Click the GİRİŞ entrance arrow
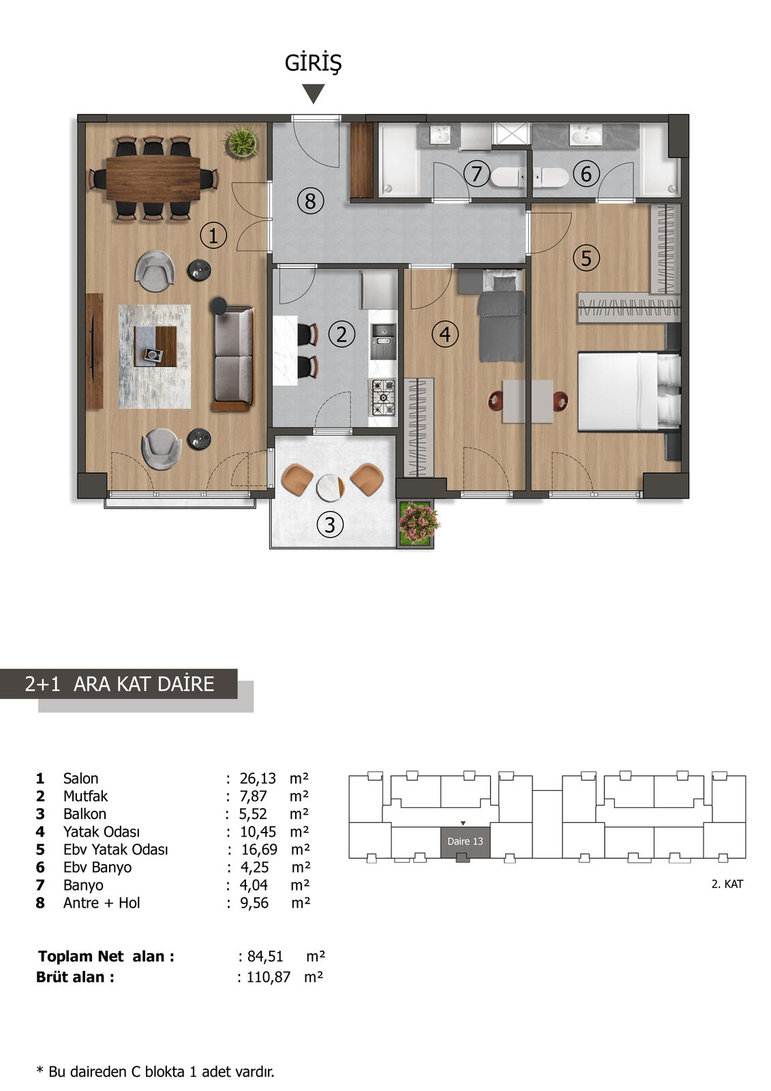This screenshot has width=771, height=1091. (313, 93)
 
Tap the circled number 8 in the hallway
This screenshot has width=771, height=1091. (310, 200)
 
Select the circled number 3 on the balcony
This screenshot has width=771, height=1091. (330, 524)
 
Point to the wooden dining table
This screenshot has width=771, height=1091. (153, 178)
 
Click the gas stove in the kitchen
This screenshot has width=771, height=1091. (383, 398)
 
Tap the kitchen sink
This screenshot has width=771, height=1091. (384, 335)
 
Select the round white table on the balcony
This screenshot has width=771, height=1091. (330, 488)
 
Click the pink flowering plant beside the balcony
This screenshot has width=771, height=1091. (419, 524)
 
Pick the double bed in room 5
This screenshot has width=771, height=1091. (629, 392)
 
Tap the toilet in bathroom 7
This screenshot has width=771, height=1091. (507, 177)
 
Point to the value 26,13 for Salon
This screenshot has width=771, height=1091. (258, 778)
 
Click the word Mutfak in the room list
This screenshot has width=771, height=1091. (85, 796)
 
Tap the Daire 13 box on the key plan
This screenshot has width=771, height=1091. (465, 842)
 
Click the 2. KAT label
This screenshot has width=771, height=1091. (727, 884)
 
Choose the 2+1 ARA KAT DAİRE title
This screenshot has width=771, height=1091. (119, 684)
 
